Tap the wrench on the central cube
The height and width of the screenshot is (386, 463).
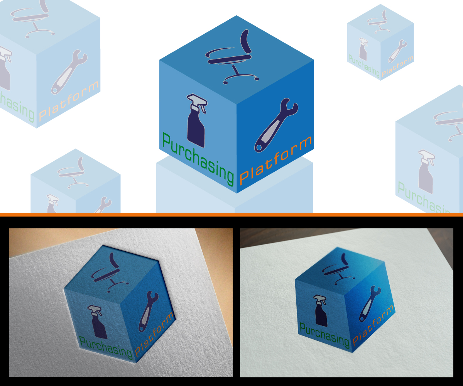tap(276, 125)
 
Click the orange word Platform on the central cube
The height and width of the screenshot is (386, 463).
tap(275, 160)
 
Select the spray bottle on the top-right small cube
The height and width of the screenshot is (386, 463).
tap(363, 49)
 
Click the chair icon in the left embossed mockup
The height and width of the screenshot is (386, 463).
tap(110, 272)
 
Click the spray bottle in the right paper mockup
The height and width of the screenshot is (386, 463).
tap(321, 311)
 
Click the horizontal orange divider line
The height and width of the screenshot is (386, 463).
tap(231, 214)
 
